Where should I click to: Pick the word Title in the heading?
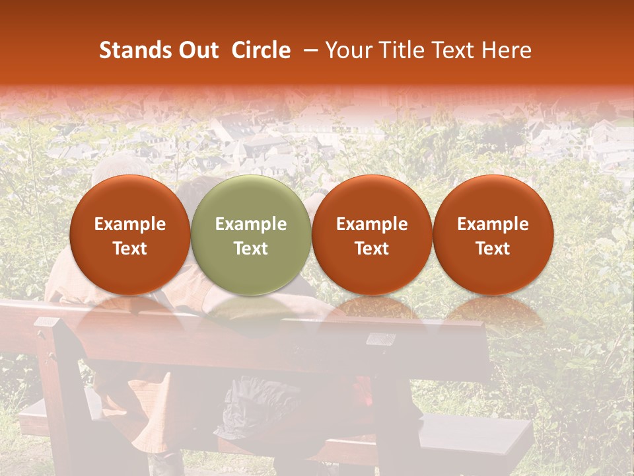pos(399,50)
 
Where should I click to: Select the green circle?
pos(251,235)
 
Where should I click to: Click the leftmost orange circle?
pos(130,235)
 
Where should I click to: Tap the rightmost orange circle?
pos(493,235)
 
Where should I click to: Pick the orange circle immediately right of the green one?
pos(372,235)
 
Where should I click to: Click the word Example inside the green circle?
pos(251,224)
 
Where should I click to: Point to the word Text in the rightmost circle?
pos(493,249)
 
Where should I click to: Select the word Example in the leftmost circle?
pos(130,224)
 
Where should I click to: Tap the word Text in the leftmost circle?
pos(130,249)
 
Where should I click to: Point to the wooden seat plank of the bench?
pos(462,430)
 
